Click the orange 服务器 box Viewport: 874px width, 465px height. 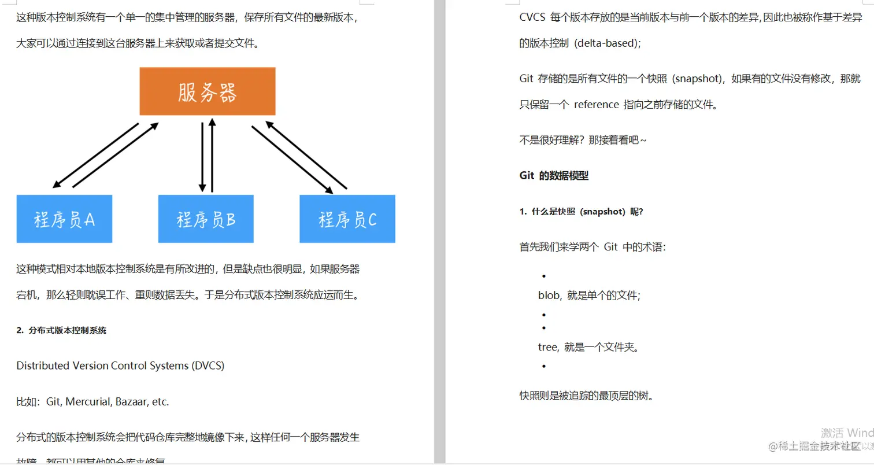point(207,91)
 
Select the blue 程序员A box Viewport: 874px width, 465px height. point(64,219)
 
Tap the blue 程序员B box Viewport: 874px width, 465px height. point(206,219)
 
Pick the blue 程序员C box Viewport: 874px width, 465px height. point(347,219)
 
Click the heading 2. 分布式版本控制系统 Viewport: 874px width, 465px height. point(61,331)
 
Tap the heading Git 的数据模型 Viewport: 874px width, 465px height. point(554,176)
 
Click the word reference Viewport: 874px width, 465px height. point(596,105)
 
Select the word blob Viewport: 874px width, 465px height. point(549,296)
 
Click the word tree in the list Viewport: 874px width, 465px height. point(547,348)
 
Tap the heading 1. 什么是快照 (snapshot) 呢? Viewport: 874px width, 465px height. point(582,212)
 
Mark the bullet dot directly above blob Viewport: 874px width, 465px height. point(545,276)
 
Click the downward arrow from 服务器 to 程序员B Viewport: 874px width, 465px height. point(202,156)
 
